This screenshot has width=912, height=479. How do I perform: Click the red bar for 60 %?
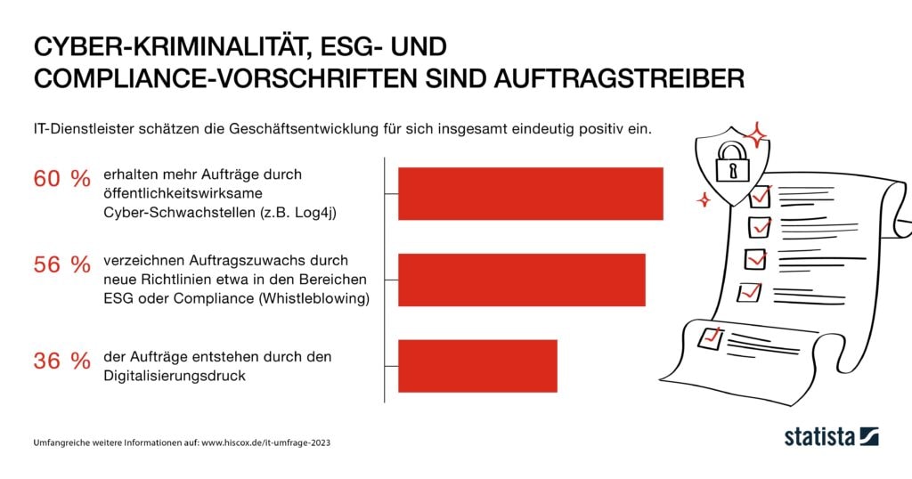coord(530,193)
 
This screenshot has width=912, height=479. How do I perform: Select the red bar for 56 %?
coord(521,280)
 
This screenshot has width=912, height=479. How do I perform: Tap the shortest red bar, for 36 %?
coord(477,366)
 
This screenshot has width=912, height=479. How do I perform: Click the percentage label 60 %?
coord(61,179)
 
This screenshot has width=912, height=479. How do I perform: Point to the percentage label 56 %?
coord(61,265)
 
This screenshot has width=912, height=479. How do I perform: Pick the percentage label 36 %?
coord(61,361)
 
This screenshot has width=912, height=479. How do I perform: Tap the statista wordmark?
coord(818,436)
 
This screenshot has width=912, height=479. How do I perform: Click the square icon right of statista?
coord(869,436)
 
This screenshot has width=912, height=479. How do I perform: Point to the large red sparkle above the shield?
coord(756,136)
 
